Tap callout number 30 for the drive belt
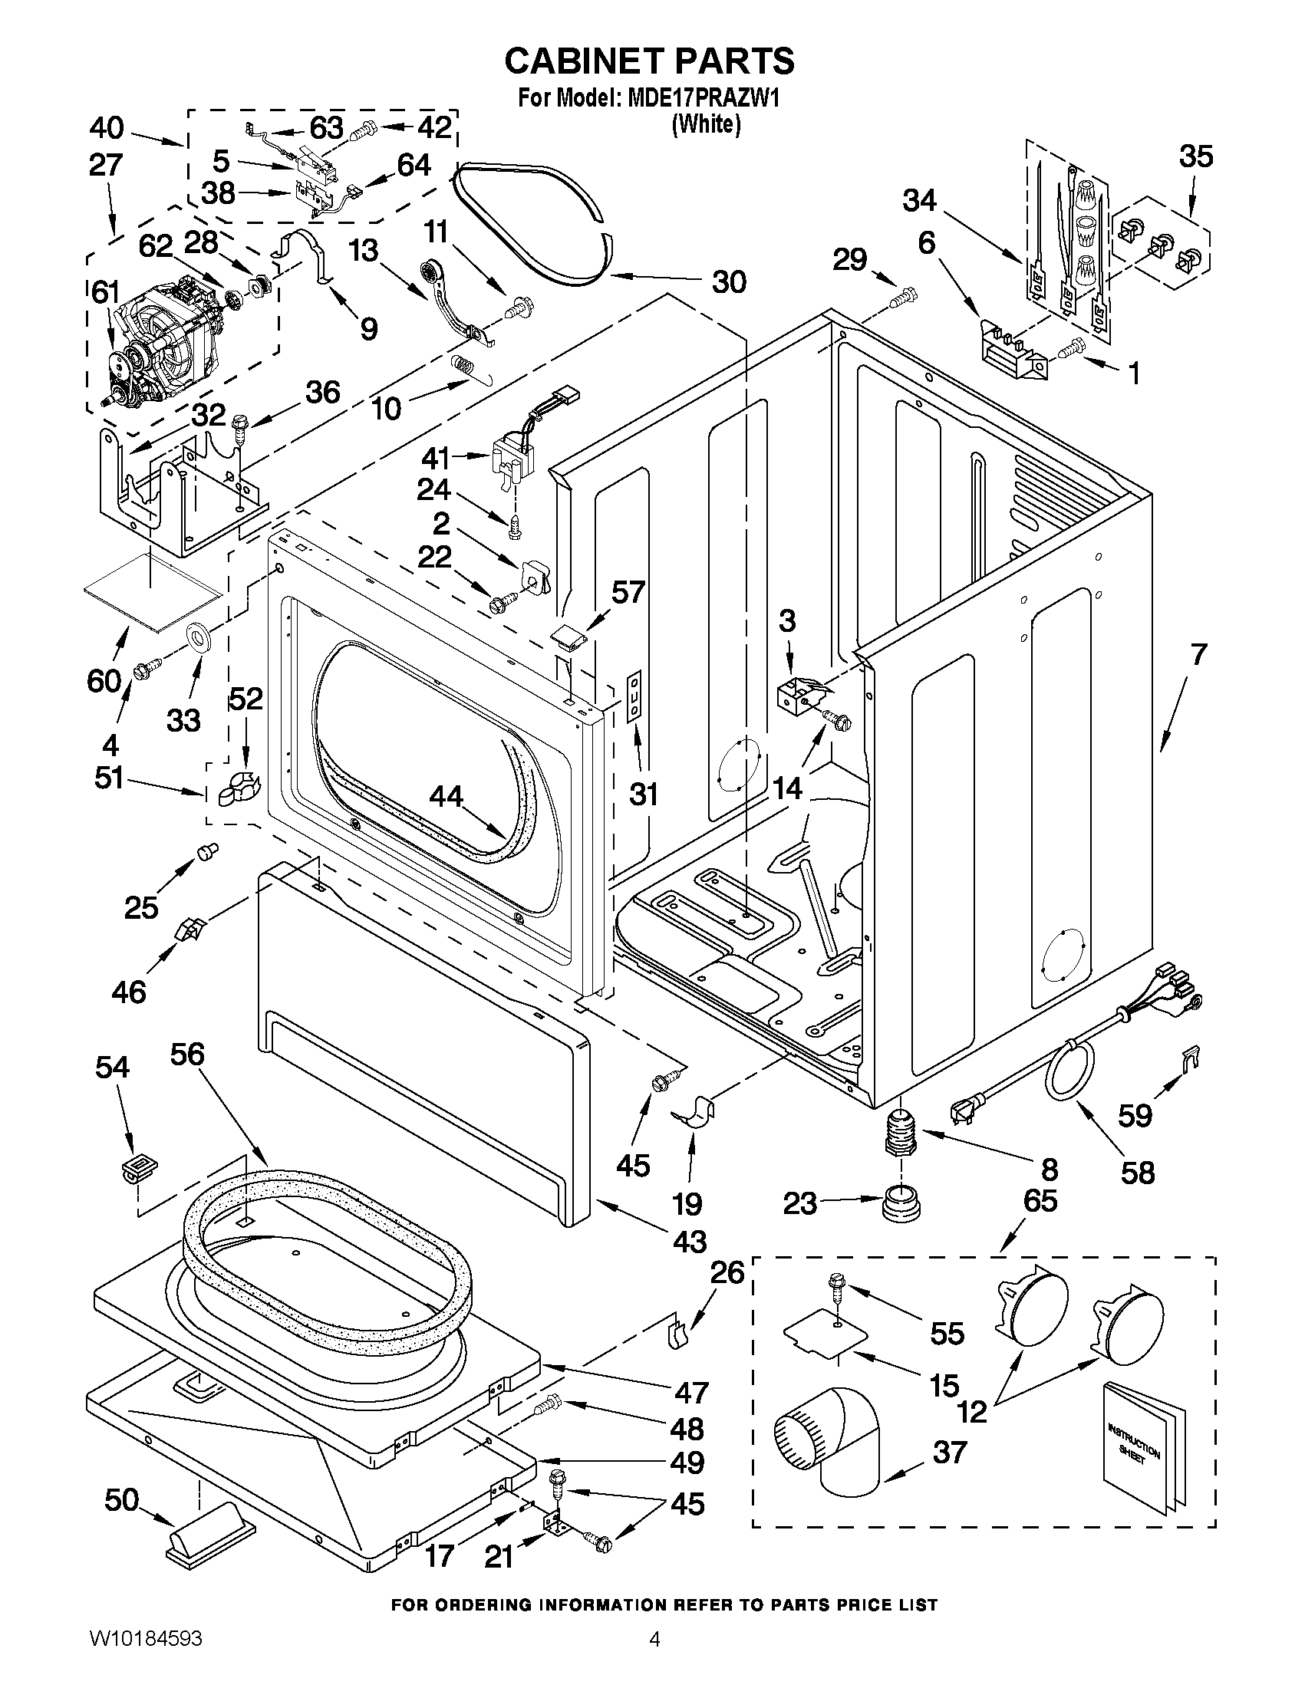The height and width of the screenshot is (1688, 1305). (x=728, y=281)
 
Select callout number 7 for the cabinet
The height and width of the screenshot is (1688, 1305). (x=1198, y=655)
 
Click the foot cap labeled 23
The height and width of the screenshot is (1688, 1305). (x=901, y=1204)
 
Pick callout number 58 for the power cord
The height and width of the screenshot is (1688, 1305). (x=1136, y=1172)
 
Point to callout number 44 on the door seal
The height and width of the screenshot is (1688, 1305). (x=447, y=796)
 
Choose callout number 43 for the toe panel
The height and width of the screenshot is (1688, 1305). (x=690, y=1242)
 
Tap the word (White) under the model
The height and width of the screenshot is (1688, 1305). (x=706, y=124)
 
